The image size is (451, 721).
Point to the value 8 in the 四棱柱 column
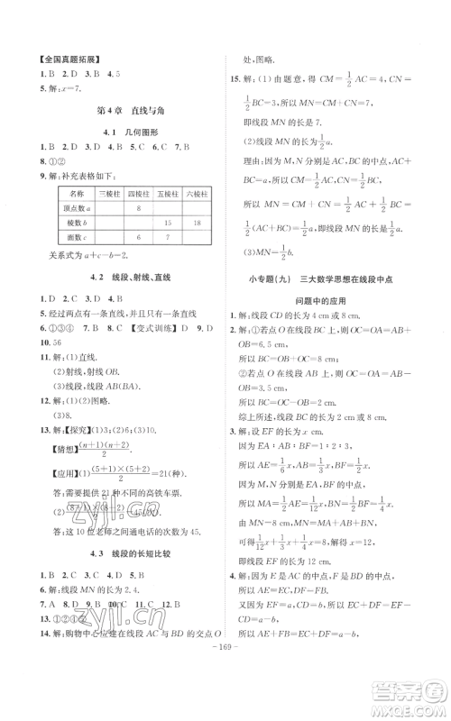(x=139, y=207)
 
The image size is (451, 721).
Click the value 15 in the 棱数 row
(x=169, y=222)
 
